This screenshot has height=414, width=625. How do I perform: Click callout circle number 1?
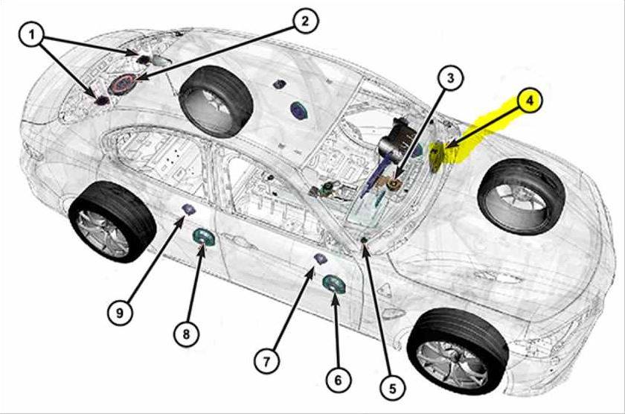tap(31, 35)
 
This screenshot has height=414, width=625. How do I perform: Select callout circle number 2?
tap(305, 21)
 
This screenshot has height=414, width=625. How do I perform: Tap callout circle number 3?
tap(450, 78)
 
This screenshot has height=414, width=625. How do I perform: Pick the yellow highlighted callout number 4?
tap(529, 101)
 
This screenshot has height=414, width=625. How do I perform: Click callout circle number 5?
tap(393, 388)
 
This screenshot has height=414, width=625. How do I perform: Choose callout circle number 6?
tap(339, 380)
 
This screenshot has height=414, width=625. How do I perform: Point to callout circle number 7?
tap(267, 361)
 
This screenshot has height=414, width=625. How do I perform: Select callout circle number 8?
tap(186, 334)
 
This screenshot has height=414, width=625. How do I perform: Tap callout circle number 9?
tap(120, 313)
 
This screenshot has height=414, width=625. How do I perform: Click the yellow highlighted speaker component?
tap(437, 157)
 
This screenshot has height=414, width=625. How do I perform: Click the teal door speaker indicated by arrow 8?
tap(203, 237)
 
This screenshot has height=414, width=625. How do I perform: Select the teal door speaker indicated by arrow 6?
tap(334, 284)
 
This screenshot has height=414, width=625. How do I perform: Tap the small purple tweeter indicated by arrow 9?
tap(188, 209)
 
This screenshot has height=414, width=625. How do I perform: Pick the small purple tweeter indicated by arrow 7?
tap(320, 258)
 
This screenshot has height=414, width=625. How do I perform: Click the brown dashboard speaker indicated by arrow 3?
tap(394, 183)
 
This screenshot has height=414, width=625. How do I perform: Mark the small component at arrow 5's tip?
tap(364, 240)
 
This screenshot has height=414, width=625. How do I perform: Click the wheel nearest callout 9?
tap(112, 221)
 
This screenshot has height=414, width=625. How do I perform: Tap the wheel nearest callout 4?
tap(521, 196)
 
